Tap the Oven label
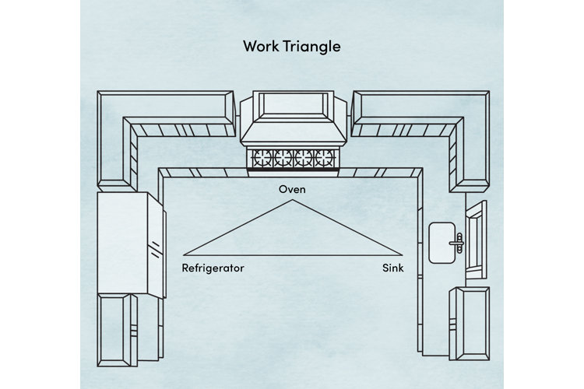click(x=293, y=189)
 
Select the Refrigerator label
click(x=213, y=268)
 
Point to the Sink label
click(x=392, y=268)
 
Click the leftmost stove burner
click(x=259, y=159)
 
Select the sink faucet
click(x=460, y=242)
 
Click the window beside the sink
click(x=475, y=239)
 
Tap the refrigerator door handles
click(x=157, y=249)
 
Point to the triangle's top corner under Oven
click(x=293, y=201)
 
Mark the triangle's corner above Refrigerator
click(x=184, y=254)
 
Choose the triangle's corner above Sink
click(x=403, y=254)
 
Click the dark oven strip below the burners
click(x=293, y=172)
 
